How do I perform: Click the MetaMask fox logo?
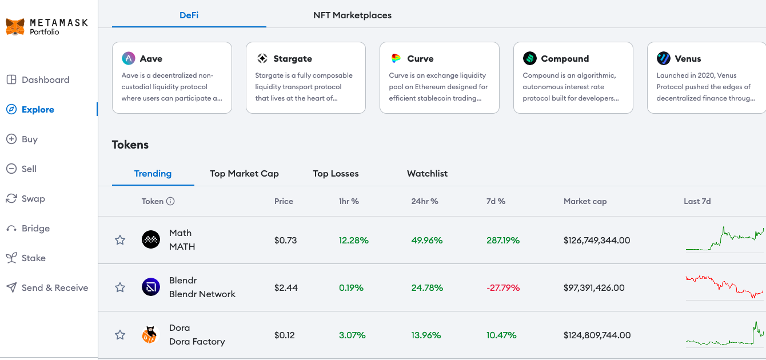pos(15,27)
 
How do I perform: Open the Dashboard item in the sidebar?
pos(38,79)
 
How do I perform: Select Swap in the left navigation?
pos(26,199)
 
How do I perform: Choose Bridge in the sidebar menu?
pos(28,229)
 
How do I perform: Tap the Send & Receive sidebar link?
pos(47,287)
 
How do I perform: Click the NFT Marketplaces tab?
pos(352,15)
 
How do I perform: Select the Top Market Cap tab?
pos(244,173)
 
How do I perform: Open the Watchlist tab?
pos(427,173)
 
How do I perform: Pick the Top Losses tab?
pos(336,173)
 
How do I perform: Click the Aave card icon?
pos(129,58)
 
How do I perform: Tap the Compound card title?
pos(565,58)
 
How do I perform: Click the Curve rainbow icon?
pos(396,58)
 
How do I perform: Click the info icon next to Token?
pos(170,201)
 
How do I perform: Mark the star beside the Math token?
pos(120,240)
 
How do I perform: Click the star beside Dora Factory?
pos(120,335)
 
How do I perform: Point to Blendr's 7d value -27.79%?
pos(503,288)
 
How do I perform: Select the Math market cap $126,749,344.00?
pos(597,241)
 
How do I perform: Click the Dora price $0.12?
pos(285,335)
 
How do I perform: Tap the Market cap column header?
pos(585,201)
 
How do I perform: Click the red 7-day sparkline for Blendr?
pos(724,286)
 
